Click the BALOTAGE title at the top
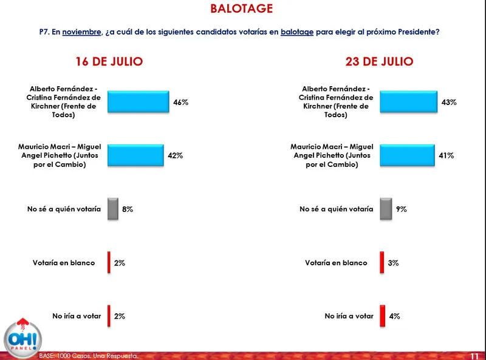pos(242,8)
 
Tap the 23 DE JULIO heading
pos(380,61)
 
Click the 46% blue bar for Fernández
pos(138,103)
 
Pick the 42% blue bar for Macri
pos(135,155)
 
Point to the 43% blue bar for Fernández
pos(409,103)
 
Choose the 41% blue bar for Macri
pos(407,155)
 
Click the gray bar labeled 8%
pos(113,209)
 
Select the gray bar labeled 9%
pos(385,209)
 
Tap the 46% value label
pos(180,103)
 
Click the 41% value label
pos(447,155)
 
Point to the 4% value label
pos(394,316)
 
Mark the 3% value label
pos(393,263)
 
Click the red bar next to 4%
pos(382,316)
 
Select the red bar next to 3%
pos(382,263)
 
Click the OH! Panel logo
pos(22,336)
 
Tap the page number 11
pos(475,355)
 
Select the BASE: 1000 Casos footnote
pos(89,355)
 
